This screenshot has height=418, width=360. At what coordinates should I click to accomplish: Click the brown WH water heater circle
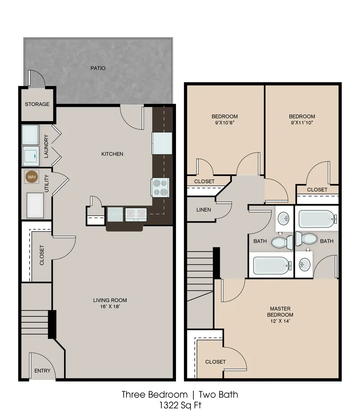[32, 177]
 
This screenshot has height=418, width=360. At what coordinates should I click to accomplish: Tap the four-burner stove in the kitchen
[160, 187]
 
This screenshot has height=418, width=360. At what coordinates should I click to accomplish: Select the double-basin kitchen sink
[136, 215]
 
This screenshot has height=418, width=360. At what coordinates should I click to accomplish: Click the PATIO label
[98, 68]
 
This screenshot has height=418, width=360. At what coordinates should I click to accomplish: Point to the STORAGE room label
[37, 104]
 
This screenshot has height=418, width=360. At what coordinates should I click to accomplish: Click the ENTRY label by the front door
[42, 371]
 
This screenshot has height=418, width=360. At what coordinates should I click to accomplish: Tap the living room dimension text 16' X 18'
[110, 307]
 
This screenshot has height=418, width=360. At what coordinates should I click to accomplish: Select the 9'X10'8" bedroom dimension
[225, 123]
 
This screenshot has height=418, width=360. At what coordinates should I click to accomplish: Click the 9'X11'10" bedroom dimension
[302, 123]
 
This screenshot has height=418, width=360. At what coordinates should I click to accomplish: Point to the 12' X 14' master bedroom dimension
[280, 321]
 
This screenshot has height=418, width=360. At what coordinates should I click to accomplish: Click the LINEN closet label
[204, 210]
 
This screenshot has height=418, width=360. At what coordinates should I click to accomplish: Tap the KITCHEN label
[112, 154]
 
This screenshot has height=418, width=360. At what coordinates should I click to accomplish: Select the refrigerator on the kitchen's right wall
[162, 144]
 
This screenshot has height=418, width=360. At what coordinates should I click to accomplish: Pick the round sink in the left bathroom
[283, 218]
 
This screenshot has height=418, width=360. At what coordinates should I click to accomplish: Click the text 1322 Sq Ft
[180, 405]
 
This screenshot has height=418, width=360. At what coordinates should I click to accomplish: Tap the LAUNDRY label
[46, 146]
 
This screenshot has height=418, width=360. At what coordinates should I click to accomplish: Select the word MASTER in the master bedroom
[280, 309]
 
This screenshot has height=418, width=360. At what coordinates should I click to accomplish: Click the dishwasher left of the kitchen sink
[115, 214]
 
